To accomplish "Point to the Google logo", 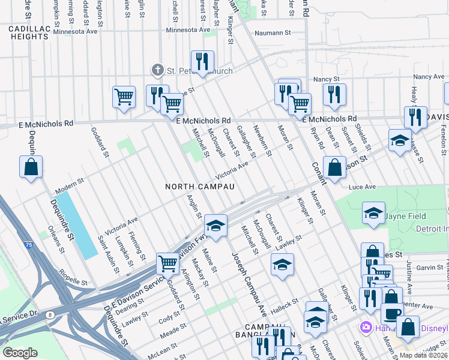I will pyautogui.click(x=20, y=353).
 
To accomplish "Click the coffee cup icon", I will pyautogui.click(x=392, y=314).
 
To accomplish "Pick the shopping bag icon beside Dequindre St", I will pyautogui.click(x=31, y=167).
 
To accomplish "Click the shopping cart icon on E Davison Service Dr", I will pyautogui.click(x=167, y=262).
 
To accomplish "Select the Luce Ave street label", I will pyautogui.click(x=362, y=187).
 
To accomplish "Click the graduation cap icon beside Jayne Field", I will pyautogui.click(x=373, y=214).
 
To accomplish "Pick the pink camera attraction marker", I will pyautogui.click(x=364, y=328).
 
